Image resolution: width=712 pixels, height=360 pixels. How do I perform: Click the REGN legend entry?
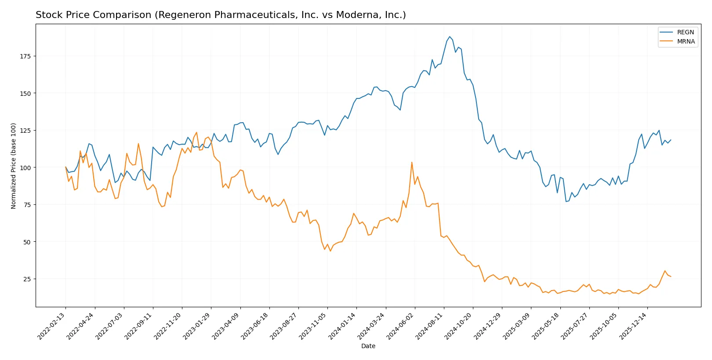click(685, 32)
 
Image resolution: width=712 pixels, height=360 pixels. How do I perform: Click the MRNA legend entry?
click(686, 41)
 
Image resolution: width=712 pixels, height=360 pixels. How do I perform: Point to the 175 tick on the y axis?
click(27, 56)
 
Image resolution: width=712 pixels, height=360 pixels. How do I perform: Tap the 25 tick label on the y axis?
click(27, 279)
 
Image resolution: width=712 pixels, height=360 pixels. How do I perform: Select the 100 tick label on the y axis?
click(25, 167)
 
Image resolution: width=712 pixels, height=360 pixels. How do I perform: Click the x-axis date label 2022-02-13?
click(52, 326)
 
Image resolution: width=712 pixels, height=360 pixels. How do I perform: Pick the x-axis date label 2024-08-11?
click(430, 326)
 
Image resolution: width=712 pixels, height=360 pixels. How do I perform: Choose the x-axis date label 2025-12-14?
click(634, 326)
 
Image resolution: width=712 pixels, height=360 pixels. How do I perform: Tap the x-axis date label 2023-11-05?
click(313, 326)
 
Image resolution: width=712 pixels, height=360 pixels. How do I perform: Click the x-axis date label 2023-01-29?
click(197, 326)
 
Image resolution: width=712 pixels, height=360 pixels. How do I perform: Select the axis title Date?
click(368, 346)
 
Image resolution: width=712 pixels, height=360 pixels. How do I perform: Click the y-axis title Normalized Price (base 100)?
click(14, 166)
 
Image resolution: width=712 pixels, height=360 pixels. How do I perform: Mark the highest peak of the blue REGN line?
click(450, 36)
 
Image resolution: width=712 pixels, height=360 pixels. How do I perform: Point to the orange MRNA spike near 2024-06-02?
click(412, 162)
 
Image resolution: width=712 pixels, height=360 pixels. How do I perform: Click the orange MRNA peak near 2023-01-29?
click(196, 132)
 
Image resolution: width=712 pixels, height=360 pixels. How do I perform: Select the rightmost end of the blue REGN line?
click(671, 140)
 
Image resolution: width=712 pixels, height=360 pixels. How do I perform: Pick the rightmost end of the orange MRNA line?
click(671, 276)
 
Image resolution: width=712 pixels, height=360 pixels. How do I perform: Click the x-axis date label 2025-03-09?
click(517, 326)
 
